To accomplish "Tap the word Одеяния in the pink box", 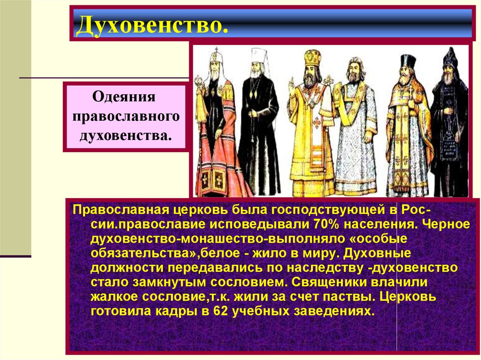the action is (124, 97).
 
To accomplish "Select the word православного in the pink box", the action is (126, 116).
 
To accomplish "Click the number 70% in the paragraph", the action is (326, 224).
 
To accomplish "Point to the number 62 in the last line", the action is (221, 311).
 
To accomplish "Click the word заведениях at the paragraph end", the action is (334, 311).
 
